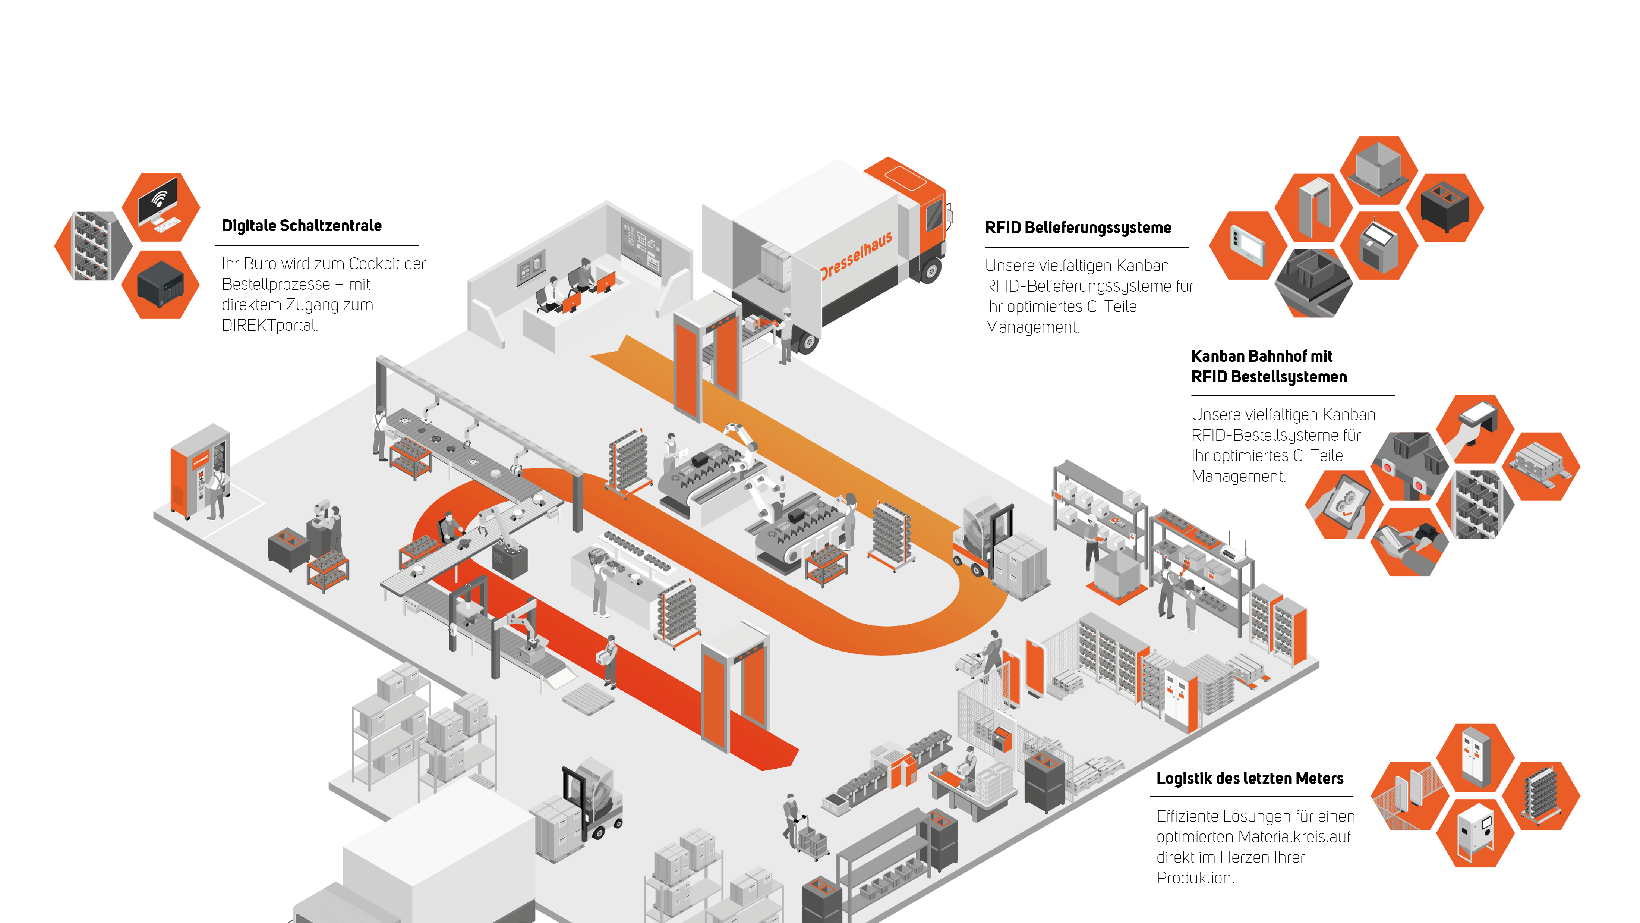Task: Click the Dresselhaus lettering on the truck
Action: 856,254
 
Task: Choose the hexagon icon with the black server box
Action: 160,284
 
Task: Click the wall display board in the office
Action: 640,246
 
